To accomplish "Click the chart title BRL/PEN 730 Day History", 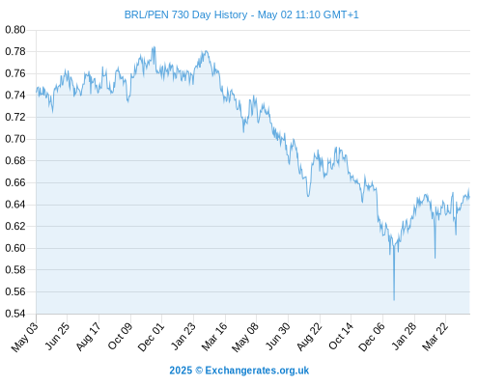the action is tap(185, 14).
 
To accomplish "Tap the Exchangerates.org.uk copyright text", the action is tap(257, 371).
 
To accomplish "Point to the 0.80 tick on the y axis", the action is tap(15, 30).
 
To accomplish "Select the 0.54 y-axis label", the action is tap(15, 314).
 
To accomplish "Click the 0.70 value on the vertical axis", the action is tap(15, 139).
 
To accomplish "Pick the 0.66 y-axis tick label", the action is tap(15, 182).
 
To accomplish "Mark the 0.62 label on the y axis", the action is tap(15, 226).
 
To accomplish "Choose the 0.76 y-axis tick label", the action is tap(15, 73).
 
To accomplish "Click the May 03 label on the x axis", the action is tap(25, 337).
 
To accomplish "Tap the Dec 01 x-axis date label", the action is tap(152, 337).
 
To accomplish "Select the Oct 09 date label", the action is tap(120, 337).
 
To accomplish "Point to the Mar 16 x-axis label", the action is tap(214, 337).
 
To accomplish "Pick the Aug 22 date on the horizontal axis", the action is tap(309, 337).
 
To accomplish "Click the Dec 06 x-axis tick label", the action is tap(372, 337).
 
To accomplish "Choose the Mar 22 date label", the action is tap(436, 337).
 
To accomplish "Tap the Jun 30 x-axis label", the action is tap(278, 337).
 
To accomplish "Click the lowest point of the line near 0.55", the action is tap(394, 300).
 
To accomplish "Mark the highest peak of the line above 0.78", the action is tap(155, 47).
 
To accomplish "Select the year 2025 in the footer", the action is tap(181, 371).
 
